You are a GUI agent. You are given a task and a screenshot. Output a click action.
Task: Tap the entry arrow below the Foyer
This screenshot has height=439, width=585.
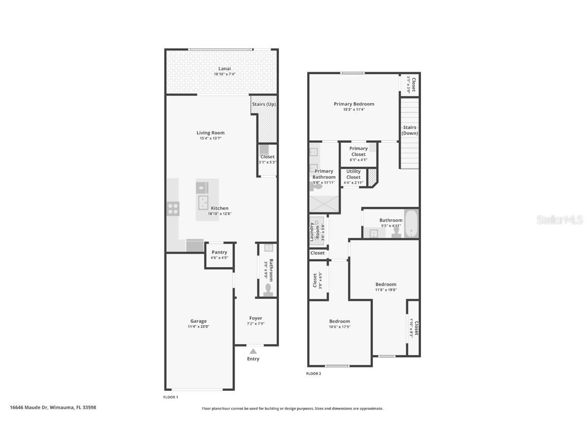tap(253, 350)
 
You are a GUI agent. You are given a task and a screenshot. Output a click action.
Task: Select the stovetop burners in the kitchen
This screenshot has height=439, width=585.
tap(173, 208)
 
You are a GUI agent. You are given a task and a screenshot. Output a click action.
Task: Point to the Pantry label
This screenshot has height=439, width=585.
tap(219, 252)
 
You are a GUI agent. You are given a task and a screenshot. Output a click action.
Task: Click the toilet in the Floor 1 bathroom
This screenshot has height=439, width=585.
tap(269, 290)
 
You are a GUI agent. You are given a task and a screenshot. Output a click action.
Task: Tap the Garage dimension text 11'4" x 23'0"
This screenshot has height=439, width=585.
tap(199, 327)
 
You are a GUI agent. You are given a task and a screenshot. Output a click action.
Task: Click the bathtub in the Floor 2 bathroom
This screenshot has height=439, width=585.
tap(410, 225)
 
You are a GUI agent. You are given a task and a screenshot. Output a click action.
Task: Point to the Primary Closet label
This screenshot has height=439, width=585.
tap(359, 151)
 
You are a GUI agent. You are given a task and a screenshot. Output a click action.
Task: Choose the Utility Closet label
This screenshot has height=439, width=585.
tap(353, 174)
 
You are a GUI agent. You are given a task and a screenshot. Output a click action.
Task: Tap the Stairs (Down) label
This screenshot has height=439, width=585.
tap(410, 130)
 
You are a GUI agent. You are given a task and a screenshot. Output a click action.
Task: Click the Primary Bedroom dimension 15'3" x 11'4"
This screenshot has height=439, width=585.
tap(353, 109)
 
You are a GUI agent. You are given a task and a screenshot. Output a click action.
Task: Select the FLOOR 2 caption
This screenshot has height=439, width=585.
tap(313, 373)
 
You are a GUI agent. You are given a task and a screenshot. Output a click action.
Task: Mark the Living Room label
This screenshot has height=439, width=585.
tap(210, 133)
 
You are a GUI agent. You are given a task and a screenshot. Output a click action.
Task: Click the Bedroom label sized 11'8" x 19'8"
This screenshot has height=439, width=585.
tap(386, 284)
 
